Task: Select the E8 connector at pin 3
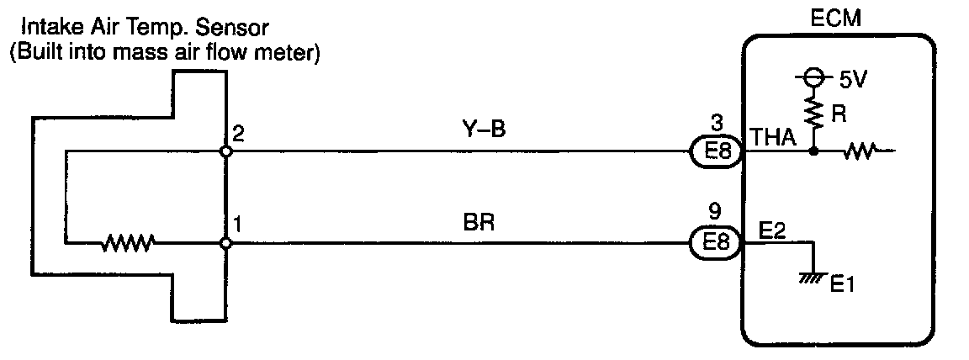click(x=715, y=153)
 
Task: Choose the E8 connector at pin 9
click(x=715, y=243)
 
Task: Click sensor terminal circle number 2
click(x=225, y=152)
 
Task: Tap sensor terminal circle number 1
click(x=225, y=244)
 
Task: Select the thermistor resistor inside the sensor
click(x=128, y=244)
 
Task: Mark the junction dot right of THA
click(x=814, y=152)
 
